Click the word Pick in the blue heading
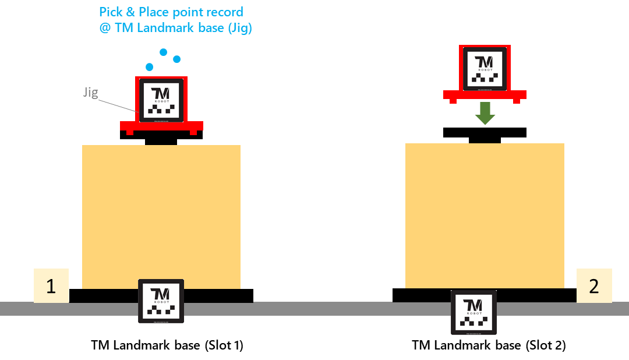[x=112, y=12]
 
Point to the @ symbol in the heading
[x=105, y=29]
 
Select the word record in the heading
[x=227, y=12]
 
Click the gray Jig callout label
[x=90, y=92]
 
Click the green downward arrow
[x=485, y=114]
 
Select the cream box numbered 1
[x=51, y=286]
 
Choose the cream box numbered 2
[x=594, y=286]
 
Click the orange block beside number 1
[x=161, y=217]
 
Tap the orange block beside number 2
[x=485, y=216]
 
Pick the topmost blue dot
[x=164, y=52]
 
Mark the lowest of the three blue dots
[x=150, y=66]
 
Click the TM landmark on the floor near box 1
[x=161, y=301]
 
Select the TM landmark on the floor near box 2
[x=473, y=312]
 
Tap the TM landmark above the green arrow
[x=485, y=69]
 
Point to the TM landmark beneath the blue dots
[x=161, y=100]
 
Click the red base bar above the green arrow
[x=485, y=94]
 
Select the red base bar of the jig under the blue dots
[x=161, y=125]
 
